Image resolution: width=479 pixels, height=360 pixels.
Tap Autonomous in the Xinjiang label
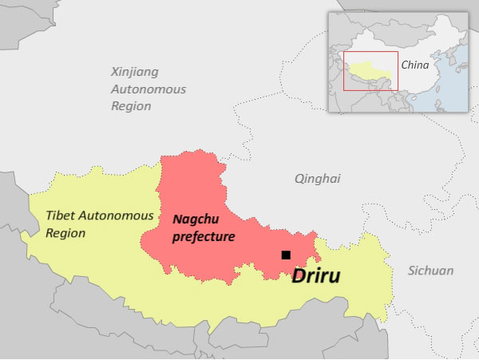tap(148, 89)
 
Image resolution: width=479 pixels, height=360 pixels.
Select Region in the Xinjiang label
tap(131, 106)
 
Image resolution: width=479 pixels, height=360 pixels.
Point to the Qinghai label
tap(317, 179)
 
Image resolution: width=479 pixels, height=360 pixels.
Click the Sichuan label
tap(431, 271)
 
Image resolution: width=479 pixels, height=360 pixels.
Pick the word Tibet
tap(61, 216)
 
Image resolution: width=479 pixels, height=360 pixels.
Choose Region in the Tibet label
tap(65, 233)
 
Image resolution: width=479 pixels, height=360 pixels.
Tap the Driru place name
tap(316, 277)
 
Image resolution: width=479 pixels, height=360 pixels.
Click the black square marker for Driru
tap(286, 255)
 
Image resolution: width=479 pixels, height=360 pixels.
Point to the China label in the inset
tap(414, 65)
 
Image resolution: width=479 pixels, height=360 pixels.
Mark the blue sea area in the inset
tap(451, 100)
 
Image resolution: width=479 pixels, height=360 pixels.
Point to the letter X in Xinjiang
tap(115, 71)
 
